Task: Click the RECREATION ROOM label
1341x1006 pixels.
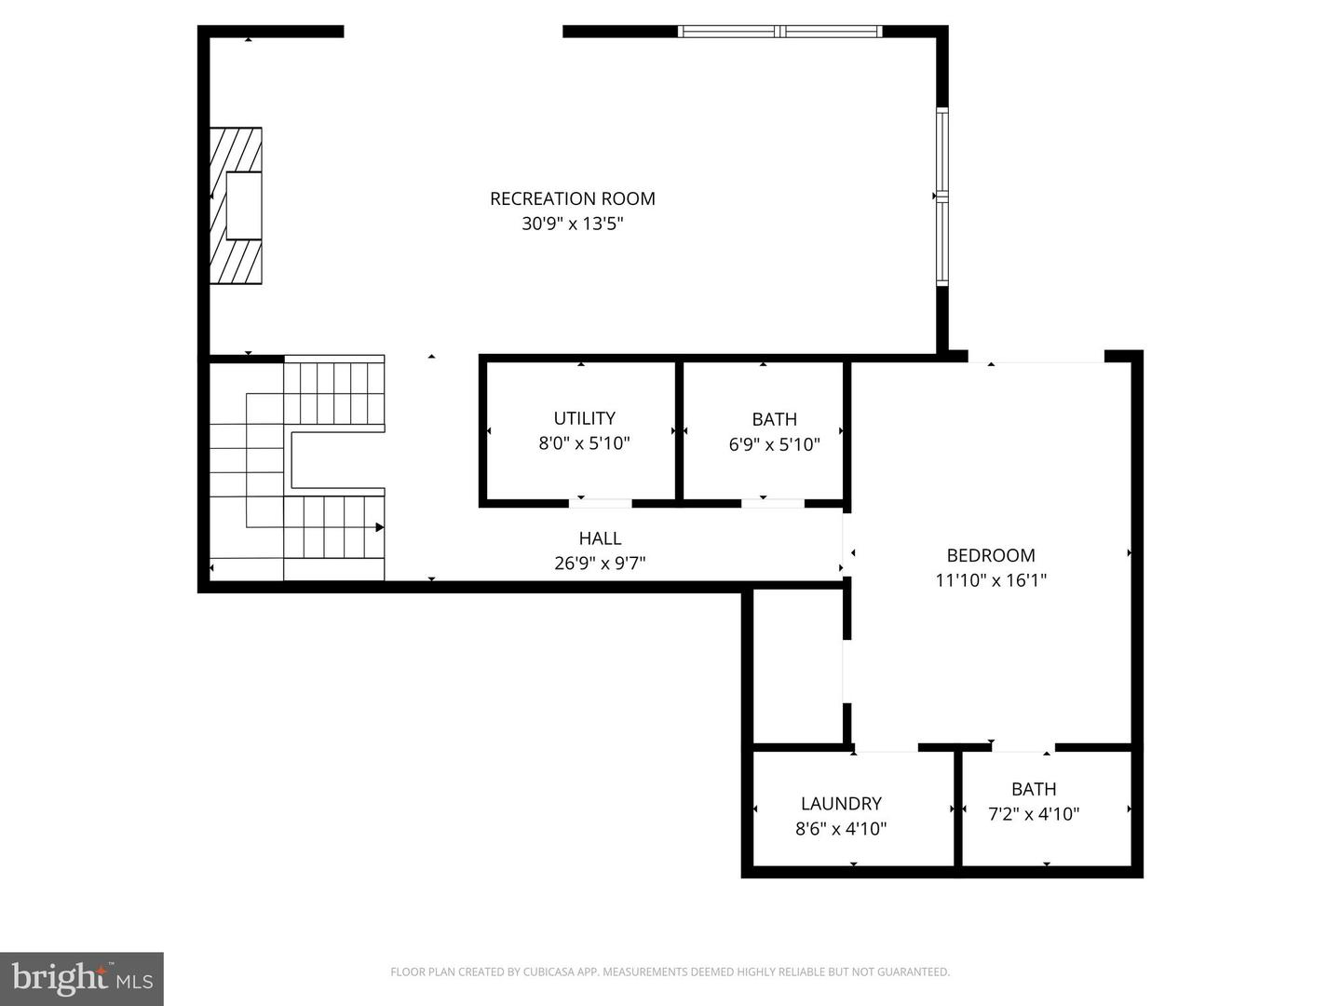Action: point(573,198)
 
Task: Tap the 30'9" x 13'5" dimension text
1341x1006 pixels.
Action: point(573,224)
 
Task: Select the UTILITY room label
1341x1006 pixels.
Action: point(584,418)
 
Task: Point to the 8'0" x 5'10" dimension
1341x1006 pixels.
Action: point(584,443)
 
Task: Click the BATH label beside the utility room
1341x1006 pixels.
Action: point(774,419)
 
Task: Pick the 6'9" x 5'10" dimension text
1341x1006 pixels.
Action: point(774,444)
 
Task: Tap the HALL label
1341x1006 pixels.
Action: point(600,538)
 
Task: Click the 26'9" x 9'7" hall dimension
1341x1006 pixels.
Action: point(600,564)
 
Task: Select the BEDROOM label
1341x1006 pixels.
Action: point(991,555)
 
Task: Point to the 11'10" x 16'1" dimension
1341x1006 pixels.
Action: point(991,580)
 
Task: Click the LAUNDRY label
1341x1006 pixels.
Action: point(841,803)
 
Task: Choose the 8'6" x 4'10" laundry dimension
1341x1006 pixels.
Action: point(841,829)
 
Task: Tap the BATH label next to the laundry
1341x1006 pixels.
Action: point(1034,789)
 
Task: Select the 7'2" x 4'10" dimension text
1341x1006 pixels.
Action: point(1034,814)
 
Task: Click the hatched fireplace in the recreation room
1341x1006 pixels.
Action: point(236,206)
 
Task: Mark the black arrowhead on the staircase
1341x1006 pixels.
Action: point(379,527)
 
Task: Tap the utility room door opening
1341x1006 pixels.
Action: point(600,503)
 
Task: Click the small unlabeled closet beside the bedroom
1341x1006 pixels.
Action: point(798,667)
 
